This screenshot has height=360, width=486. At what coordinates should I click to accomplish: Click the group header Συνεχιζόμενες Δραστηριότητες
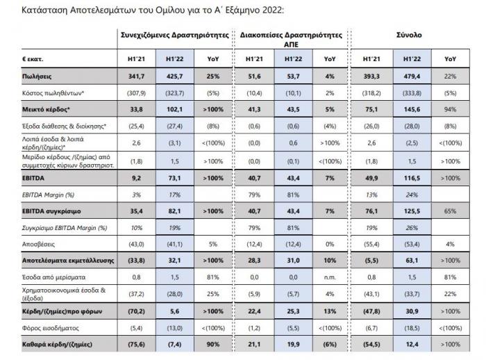tap(171, 34)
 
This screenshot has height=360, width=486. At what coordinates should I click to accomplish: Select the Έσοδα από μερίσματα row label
tap(54, 277)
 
